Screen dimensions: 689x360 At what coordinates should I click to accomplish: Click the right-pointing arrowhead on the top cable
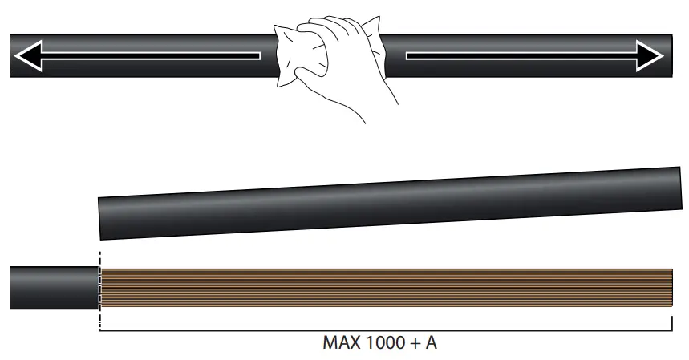pyautogui.click(x=650, y=56)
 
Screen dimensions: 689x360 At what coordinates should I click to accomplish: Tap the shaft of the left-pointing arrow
pyautogui.click(x=151, y=56)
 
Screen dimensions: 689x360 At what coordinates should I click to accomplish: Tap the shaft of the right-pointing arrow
pyautogui.click(x=521, y=56)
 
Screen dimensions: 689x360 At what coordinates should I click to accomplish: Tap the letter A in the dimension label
pyautogui.click(x=431, y=342)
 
